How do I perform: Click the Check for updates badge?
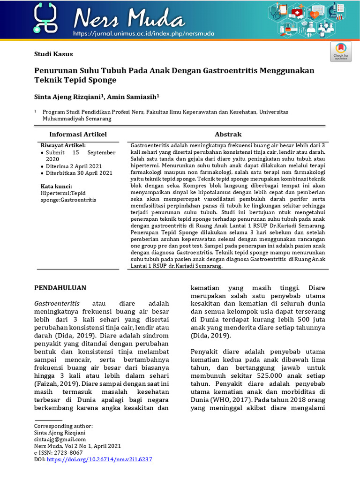pyautogui.click(x=341, y=52)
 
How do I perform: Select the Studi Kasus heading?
pyautogui.click(x=53, y=54)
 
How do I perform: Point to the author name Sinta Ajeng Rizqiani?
pyautogui.click(x=69, y=96)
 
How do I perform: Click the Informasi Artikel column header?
pyautogui.click(x=78, y=135)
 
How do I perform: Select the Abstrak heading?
pyautogui.click(x=228, y=135)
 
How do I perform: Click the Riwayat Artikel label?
pyautogui.click(x=63, y=145)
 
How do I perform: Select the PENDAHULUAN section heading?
pyautogui.click(x=60, y=287)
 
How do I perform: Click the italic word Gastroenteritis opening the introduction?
pyautogui.click(x=57, y=303)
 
